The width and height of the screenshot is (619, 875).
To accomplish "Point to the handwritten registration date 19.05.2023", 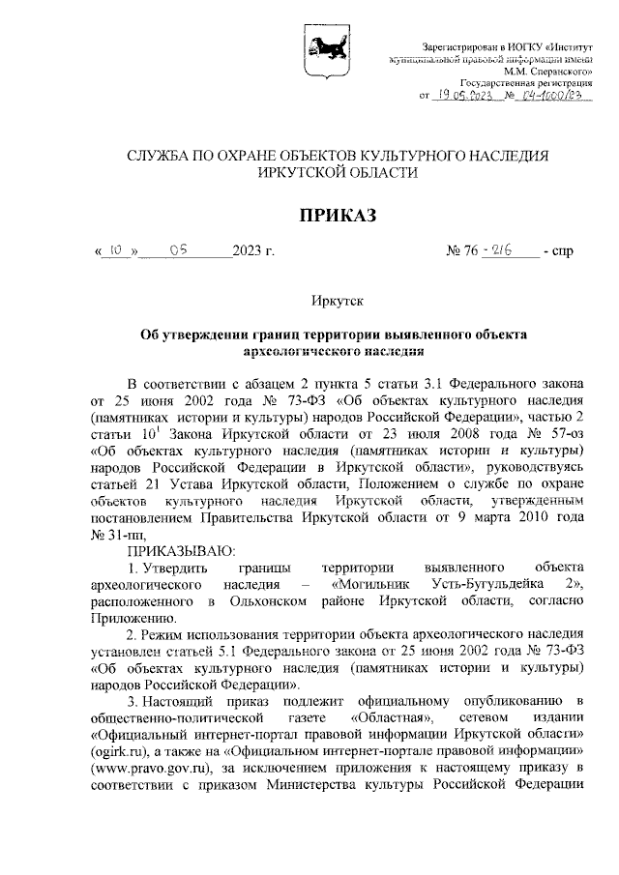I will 465,96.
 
